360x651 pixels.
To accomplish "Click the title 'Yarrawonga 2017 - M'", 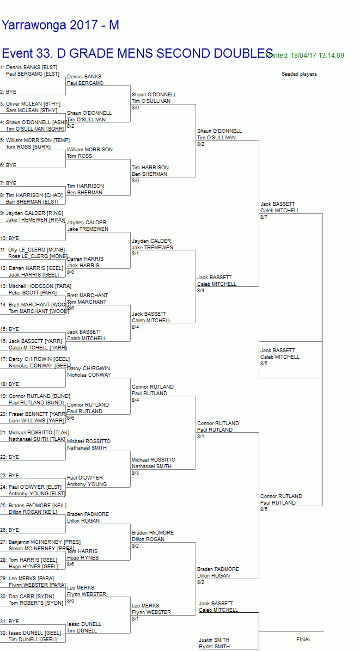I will click(60, 26).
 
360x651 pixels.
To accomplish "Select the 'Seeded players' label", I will click(299, 74).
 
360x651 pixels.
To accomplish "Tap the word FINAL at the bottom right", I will click(303, 639).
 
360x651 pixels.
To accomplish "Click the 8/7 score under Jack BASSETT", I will click(264, 217).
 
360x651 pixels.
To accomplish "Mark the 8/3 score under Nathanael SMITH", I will click(135, 473).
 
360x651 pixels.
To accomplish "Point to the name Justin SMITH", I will click(214, 640).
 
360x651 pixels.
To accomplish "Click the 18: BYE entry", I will click(10, 384).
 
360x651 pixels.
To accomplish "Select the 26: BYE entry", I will click(10, 530).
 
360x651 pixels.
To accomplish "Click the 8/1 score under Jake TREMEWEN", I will click(135, 254).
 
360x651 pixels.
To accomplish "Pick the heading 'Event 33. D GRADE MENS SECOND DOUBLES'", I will click(137, 53).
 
